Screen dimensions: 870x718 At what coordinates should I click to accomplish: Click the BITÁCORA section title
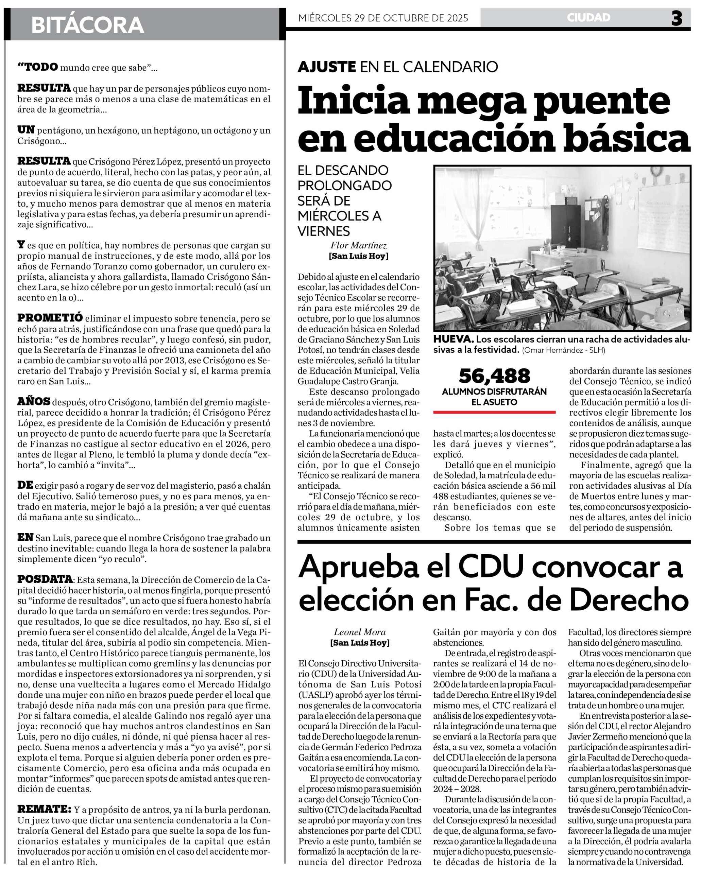pos(87,25)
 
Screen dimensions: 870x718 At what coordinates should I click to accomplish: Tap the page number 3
pos(677,18)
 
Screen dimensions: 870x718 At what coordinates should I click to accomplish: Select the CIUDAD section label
pos(588,18)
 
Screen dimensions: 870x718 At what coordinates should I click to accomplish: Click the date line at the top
pos(383,18)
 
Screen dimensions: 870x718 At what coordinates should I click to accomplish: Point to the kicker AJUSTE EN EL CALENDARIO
pos(397,67)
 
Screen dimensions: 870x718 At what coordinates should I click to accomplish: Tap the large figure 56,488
pos(494,376)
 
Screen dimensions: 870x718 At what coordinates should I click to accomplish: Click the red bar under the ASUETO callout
pos(494,412)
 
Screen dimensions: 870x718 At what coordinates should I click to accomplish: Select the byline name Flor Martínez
pos(359,246)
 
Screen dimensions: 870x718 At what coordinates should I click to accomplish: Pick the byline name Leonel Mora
pos(360,632)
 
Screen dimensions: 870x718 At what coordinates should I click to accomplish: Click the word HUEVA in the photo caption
pos(453,340)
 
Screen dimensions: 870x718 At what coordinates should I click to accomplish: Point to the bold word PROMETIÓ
pos(50,318)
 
